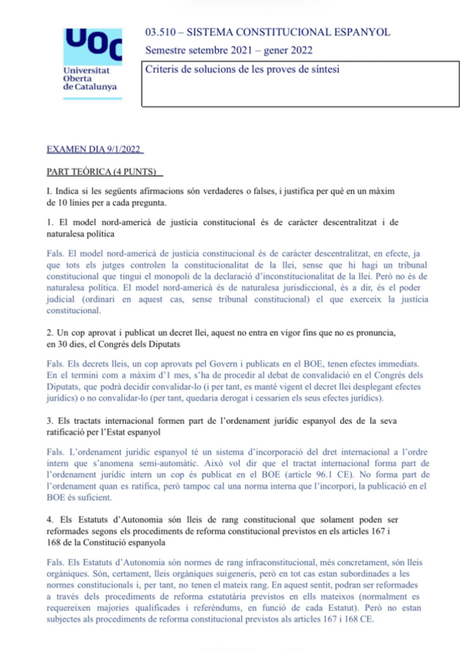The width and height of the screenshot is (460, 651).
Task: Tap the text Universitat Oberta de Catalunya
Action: click(x=90, y=78)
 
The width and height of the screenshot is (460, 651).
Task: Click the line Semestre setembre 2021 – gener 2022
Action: click(x=228, y=51)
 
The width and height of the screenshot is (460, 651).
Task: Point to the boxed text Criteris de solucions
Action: click(x=243, y=70)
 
